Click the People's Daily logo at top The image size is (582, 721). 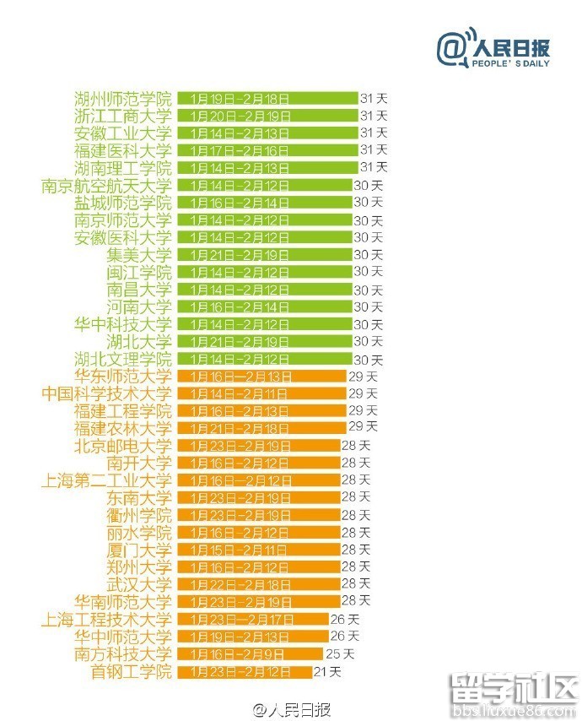[493, 50]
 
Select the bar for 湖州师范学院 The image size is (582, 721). [267, 98]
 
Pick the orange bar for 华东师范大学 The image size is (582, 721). [261, 377]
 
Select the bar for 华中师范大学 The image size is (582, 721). [253, 637]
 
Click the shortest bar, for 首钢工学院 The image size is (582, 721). [244, 672]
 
